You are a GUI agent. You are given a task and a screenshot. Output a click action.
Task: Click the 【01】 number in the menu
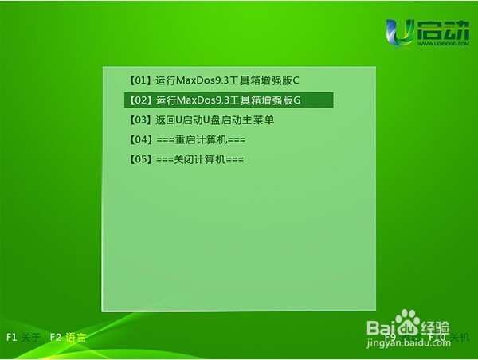click(140, 81)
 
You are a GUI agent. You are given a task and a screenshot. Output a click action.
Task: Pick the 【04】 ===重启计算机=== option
click(187, 140)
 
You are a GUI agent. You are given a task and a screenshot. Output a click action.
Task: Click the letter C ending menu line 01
click(296, 81)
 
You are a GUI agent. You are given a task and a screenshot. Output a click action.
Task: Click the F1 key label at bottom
click(13, 337)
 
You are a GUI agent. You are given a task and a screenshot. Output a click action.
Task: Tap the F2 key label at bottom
click(55, 337)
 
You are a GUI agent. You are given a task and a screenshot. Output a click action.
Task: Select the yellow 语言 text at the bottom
click(76, 337)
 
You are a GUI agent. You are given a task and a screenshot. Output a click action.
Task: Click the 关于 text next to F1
click(32, 337)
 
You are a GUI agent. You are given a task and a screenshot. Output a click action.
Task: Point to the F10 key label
click(437, 337)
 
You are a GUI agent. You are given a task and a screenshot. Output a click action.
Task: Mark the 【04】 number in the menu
click(140, 140)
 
